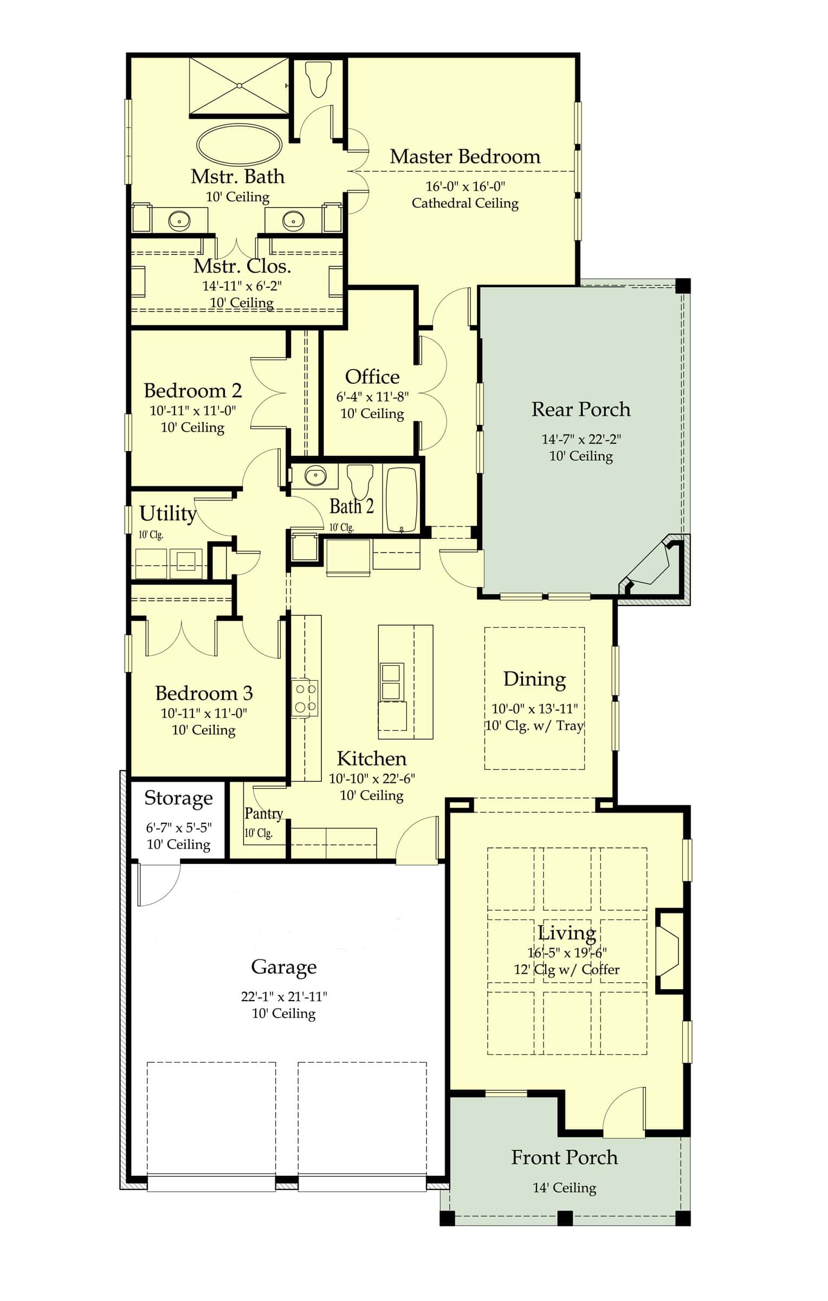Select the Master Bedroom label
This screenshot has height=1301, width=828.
465,157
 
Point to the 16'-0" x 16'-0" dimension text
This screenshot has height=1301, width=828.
465,186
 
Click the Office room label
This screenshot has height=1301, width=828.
372,377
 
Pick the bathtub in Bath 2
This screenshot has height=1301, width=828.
401,499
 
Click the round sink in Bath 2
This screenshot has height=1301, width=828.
315,476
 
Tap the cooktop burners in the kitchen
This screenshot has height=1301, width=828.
304,698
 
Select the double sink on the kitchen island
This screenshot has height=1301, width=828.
391,681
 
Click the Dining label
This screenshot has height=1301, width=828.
534,679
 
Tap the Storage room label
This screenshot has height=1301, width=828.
178,798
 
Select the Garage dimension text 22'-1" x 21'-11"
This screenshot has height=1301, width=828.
284,996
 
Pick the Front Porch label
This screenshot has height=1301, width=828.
564,1157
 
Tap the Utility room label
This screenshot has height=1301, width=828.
167,513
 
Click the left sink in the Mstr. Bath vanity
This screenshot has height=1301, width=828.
179,220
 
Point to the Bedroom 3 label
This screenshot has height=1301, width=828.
204,693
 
